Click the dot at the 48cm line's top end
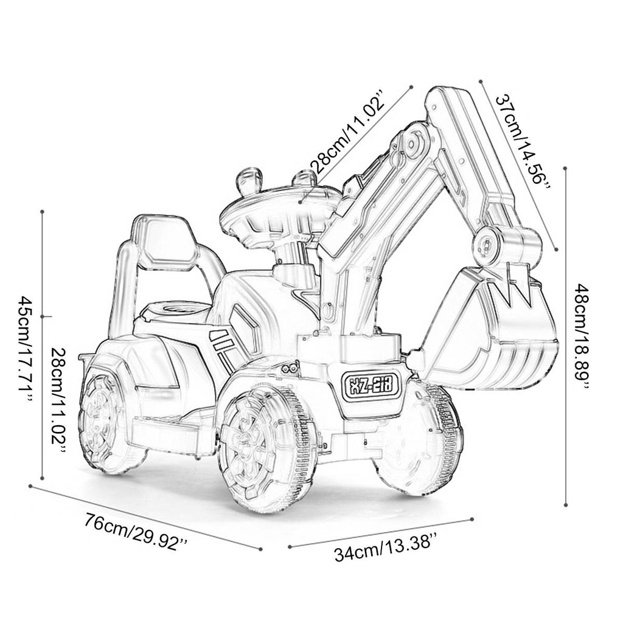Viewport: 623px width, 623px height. point(566,170)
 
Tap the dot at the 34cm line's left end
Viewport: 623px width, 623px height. point(288,545)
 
